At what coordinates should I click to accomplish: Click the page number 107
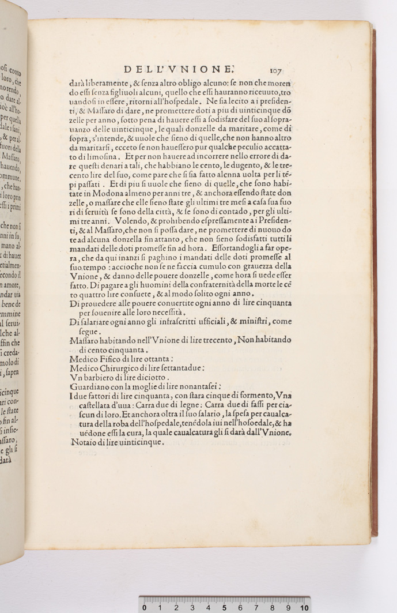click(275, 71)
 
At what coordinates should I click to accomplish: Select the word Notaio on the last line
click(83, 443)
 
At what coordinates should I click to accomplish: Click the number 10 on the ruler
click(304, 607)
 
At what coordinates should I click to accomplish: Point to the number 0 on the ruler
click(144, 607)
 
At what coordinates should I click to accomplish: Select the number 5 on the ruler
click(224, 607)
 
